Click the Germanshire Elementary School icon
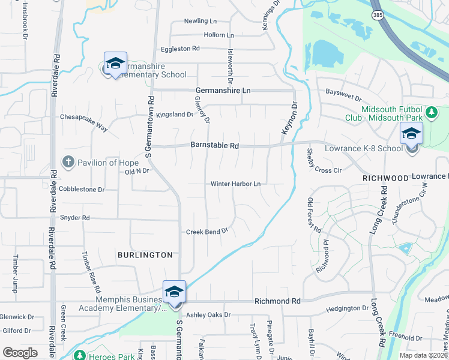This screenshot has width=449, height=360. point(115,63)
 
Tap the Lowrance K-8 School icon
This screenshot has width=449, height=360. point(412,134)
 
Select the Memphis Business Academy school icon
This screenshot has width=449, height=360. point(174,292)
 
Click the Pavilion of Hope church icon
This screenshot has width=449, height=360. point(68,162)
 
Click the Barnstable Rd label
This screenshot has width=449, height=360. point(215,146)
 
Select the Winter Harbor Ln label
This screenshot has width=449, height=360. point(236,184)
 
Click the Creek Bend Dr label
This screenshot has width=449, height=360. point(207,231)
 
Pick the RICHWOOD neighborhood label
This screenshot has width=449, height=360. point(385,179)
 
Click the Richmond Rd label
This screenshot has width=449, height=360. point(277,301)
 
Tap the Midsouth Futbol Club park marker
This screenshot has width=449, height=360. point(430,112)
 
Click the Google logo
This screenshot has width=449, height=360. point(20,353)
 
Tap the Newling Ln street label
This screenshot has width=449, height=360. point(200,20)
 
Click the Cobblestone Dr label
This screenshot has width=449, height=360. point(82,189)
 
